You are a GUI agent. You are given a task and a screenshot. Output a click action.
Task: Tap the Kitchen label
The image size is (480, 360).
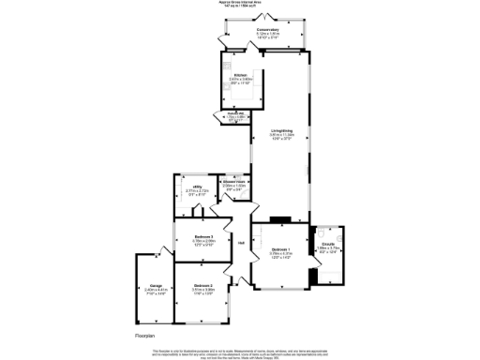point(240,74)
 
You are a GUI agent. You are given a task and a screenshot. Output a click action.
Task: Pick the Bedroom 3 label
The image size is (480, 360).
point(204,237)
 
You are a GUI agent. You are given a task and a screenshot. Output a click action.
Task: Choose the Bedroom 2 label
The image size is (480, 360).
point(203,284)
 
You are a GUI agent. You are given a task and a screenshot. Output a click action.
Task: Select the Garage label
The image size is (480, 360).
point(155,284)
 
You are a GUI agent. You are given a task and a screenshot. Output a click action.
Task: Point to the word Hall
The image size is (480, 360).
point(241,244)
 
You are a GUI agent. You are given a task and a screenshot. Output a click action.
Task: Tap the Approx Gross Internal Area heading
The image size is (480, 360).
point(240,3)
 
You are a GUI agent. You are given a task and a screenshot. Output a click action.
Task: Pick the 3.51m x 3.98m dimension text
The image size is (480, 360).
point(203,289)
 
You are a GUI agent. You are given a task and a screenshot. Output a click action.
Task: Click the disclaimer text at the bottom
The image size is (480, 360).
point(240,351)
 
